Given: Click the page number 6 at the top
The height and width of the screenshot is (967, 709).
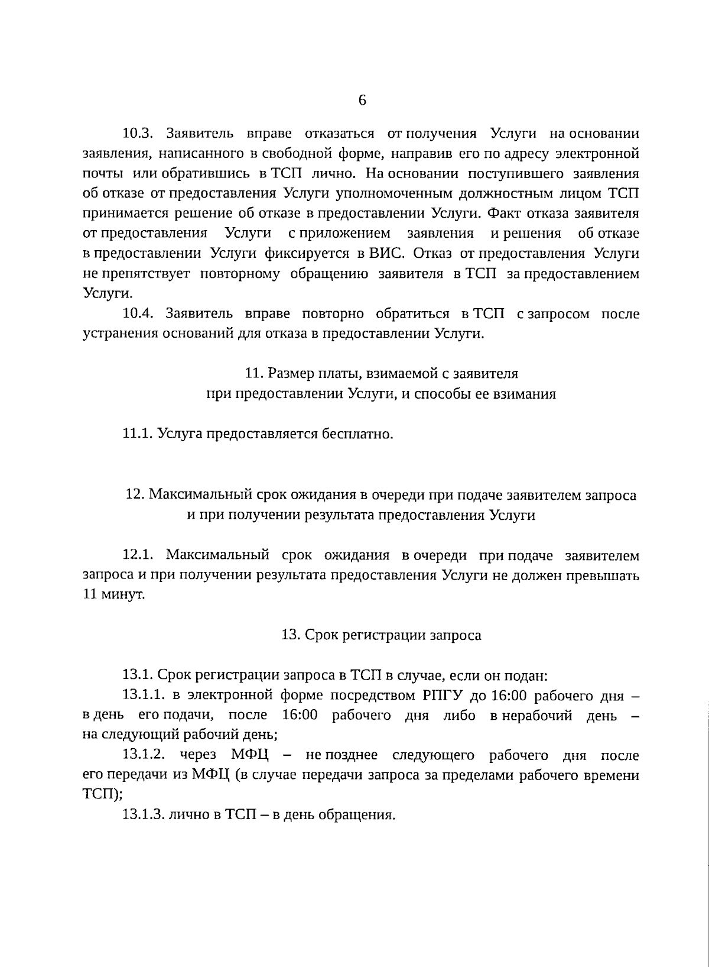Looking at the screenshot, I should coord(362,100).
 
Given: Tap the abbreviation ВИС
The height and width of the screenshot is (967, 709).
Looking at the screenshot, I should coord(388,254).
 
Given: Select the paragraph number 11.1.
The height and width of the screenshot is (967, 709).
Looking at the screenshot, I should coord(138,435).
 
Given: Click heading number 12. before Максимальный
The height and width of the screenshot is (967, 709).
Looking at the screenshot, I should coord(135,495).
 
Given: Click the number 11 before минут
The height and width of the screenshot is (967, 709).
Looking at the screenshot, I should coord(90,595).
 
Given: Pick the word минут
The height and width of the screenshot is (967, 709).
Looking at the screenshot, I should coord(123,595).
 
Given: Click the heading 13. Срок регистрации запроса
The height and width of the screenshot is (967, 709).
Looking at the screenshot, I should coord(381,635).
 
